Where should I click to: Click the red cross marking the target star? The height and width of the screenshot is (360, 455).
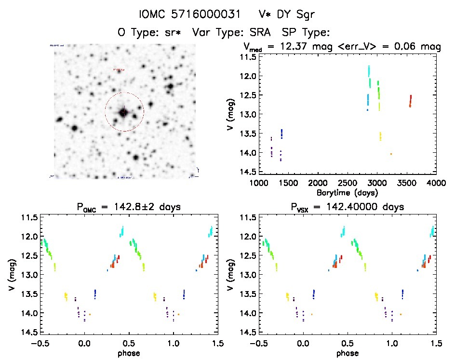(124, 112)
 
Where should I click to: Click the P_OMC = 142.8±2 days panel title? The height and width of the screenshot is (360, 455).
(124, 207)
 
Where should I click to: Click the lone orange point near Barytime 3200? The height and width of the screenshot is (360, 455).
(391, 154)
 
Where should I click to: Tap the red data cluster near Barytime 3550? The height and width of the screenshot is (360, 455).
(410, 101)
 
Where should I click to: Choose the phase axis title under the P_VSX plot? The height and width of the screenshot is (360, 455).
(347, 353)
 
